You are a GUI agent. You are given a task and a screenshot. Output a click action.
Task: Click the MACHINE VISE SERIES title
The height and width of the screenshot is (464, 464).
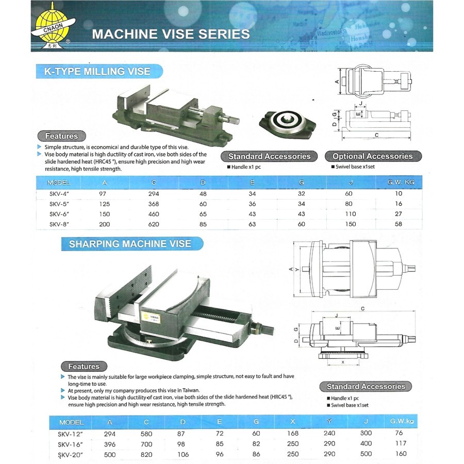[170, 35]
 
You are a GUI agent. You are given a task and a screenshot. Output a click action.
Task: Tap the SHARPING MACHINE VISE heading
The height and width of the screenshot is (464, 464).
[130, 244]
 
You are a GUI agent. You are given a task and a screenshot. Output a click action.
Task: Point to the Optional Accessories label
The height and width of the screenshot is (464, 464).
[373, 156]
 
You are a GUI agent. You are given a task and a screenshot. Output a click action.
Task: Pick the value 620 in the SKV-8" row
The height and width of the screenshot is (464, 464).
[154, 224]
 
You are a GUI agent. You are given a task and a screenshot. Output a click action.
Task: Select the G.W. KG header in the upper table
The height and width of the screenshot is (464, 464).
[405, 183]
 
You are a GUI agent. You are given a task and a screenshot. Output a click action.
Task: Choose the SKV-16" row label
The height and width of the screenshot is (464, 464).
[71, 443]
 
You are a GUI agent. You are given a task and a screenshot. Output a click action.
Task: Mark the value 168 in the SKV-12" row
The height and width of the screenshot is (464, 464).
[293, 433]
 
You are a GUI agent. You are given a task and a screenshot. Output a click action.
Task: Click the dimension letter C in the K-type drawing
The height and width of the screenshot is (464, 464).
[377, 135]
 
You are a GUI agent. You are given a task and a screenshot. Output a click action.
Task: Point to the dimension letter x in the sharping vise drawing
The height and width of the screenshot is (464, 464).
[343, 362]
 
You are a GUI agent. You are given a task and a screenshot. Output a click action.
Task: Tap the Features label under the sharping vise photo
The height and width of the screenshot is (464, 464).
[84, 367]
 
